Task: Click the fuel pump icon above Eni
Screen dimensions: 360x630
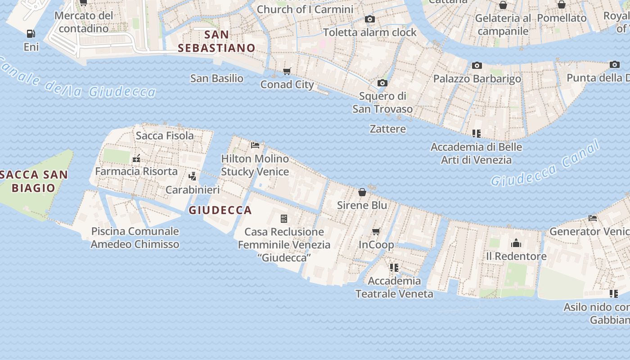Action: coord(31,34)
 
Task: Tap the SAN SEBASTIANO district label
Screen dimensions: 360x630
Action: coord(216,41)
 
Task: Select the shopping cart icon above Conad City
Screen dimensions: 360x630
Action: coord(287,71)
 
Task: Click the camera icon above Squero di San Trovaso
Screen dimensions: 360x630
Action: coord(382,83)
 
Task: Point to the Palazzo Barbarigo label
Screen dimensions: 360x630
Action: coord(477,79)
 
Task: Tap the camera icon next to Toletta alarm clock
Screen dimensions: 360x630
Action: coord(369,19)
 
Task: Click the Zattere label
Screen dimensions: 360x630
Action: coord(387,129)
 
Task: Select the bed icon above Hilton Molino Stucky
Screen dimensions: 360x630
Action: coord(255,145)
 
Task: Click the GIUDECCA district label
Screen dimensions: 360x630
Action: coord(220,210)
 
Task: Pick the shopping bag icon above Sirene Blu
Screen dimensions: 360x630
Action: coord(362,193)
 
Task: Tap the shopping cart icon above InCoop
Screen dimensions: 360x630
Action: coord(376,232)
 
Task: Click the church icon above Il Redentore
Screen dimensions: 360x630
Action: coord(516,243)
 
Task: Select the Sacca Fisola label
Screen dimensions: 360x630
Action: coord(165,135)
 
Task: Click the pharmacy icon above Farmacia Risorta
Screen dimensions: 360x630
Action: coord(136,158)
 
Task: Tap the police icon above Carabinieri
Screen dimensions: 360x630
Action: coord(193,176)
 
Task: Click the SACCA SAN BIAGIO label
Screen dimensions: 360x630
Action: coord(33,181)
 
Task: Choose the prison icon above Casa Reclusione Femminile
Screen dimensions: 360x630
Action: coord(284,219)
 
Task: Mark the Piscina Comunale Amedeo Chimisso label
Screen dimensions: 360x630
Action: coord(135,238)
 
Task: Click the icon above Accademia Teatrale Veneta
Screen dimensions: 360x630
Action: coord(394,268)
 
